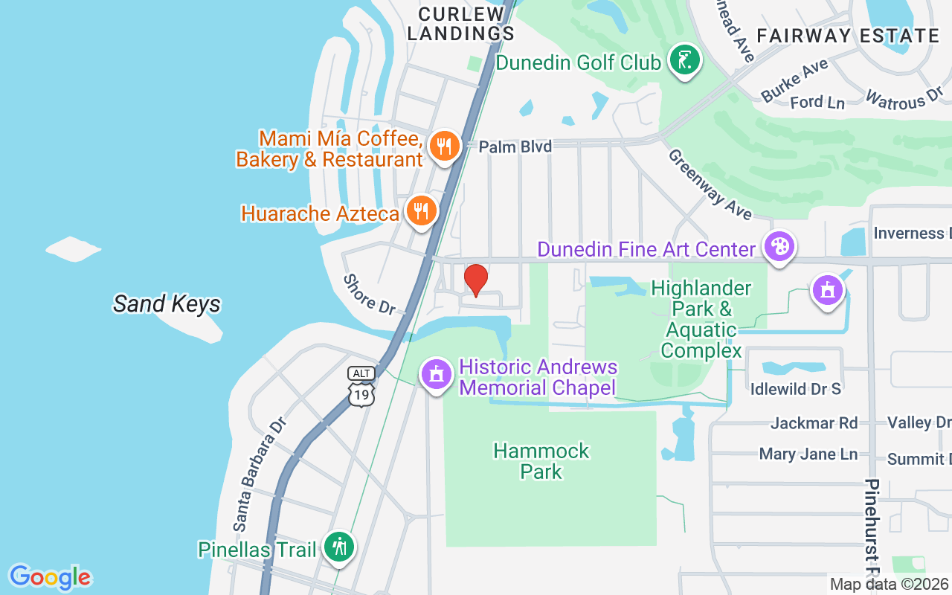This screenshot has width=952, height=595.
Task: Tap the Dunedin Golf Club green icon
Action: tap(685, 61)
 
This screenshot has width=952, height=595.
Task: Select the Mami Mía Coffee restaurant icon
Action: tap(445, 146)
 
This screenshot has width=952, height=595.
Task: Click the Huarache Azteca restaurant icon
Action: tap(422, 212)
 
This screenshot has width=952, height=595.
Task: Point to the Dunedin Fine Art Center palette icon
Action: tap(779, 246)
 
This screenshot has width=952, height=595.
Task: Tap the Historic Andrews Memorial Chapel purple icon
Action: tap(436, 373)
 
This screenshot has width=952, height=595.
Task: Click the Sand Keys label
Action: tap(167, 303)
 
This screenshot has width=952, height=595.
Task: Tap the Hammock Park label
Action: tap(541, 461)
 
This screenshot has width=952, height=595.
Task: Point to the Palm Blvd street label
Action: tap(515, 147)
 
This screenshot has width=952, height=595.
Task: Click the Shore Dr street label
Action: tap(369, 294)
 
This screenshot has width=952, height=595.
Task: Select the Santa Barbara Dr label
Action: tap(259, 473)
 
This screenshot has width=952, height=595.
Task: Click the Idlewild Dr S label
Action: tap(795, 389)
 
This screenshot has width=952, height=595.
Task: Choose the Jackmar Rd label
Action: tap(814, 423)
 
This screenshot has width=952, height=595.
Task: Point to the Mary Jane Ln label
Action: tap(808, 454)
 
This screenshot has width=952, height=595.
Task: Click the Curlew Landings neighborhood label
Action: tap(461, 24)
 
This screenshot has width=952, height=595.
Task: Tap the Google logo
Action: tap(50, 577)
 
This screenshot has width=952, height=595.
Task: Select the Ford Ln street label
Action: tap(817, 102)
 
